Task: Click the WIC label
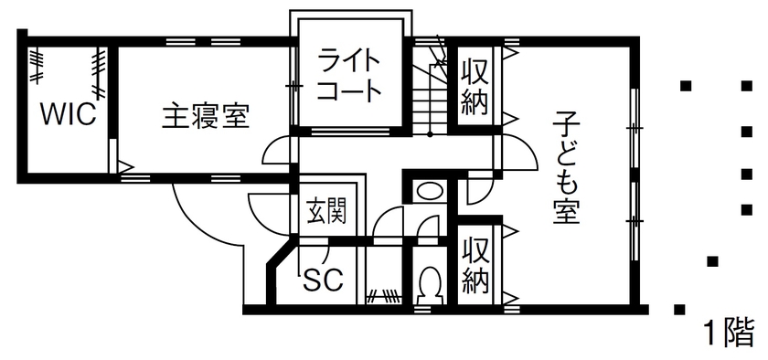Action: pyautogui.click(x=68, y=117)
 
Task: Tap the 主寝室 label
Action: pyautogui.click(x=207, y=116)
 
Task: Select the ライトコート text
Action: pyautogui.click(x=348, y=78)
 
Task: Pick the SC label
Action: pyautogui.click(x=323, y=280)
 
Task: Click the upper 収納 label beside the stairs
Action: pyautogui.click(x=474, y=87)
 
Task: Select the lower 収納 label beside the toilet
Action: pyautogui.click(x=474, y=265)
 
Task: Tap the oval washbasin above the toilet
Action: pyautogui.click(x=428, y=192)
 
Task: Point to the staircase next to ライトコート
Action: pyautogui.click(x=426, y=91)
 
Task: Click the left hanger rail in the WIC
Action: pyautogui.click(x=37, y=65)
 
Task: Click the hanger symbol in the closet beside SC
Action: pyautogui.click(x=384, y=295)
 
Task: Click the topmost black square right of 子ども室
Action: pyautogui.click(x=686, y=87)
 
